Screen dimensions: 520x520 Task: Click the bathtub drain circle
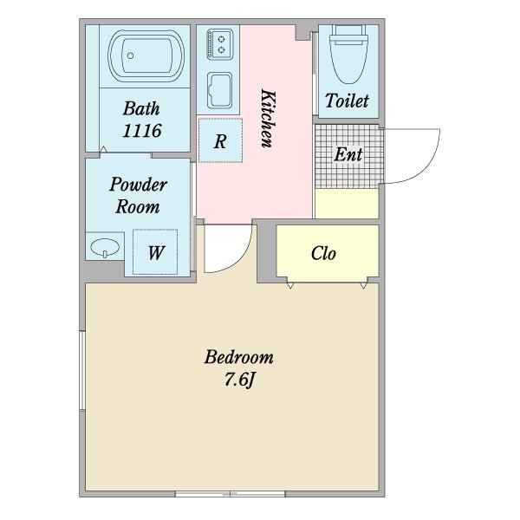tap(130, 55)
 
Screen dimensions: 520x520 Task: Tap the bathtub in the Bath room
tap(146, 56)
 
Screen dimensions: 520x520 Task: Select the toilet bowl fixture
tap(348, 54)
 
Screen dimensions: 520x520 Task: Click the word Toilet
tap(347, 101)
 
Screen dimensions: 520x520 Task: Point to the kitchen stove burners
tap(219, 44)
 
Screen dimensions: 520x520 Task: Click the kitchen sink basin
tap(219, 90)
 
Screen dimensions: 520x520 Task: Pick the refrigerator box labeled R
tap(220, 140)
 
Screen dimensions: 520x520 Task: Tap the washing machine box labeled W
tap(155, 252)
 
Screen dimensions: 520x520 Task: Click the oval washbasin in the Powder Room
tap(105, 247)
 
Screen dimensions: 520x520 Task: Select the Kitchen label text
tap(268, 118)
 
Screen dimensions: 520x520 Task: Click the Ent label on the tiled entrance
tap(348, 154)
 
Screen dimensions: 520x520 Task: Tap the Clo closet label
tap(323, 253)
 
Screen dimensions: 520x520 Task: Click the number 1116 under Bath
tap(142, 130)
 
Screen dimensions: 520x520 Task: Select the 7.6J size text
tap(239, 380)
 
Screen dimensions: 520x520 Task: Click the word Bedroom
tap(239, 357)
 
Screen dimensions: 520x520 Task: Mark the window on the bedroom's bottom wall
tap(231, 494)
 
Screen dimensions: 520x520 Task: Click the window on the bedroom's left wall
tap(82, 370)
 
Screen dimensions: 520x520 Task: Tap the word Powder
tap(139, 185)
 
